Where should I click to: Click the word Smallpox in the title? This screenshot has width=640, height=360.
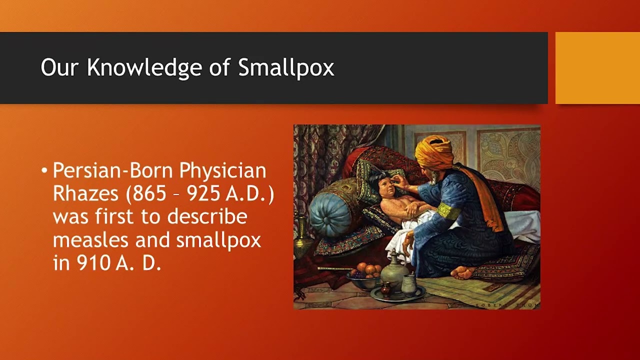point(286,67)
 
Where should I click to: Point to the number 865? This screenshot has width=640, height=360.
point(148,194)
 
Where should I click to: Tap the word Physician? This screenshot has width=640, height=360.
point(222,171)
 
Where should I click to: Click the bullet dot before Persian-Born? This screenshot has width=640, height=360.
point(44,171)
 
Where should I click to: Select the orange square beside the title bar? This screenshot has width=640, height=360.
point(597,67)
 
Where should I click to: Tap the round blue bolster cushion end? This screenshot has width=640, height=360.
point(329,214)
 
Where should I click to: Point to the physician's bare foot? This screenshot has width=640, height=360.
point(462,272)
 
